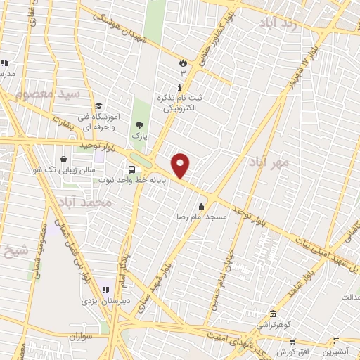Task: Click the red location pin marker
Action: tap(181, 165)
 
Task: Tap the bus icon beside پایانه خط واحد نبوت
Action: tap(131, 169)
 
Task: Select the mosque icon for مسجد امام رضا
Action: tap(202, 206)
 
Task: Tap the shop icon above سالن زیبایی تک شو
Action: tap(65, 160)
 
